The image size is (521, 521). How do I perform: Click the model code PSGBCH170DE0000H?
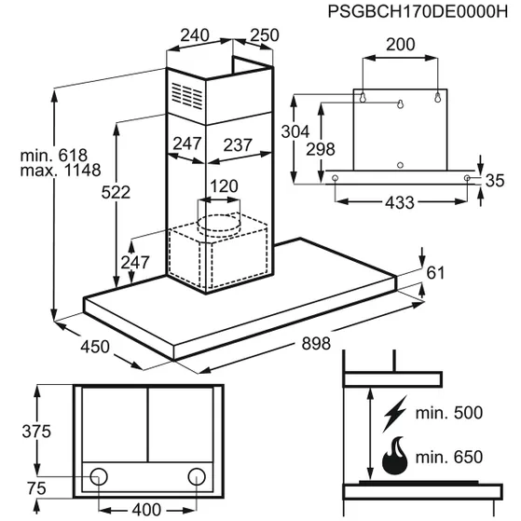(418, 11)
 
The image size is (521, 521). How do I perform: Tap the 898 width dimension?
(316, 343)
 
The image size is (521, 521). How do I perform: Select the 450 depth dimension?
(95, 347)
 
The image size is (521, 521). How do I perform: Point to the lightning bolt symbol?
(395, 414)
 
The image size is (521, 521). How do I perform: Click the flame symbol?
(395, 455)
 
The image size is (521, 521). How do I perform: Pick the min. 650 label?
(449, 457)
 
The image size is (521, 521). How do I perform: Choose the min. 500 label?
(449, 413)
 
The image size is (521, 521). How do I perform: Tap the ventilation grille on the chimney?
(187, 96)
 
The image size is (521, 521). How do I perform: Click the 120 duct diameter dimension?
(224, 186)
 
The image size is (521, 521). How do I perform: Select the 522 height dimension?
(116, 192)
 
